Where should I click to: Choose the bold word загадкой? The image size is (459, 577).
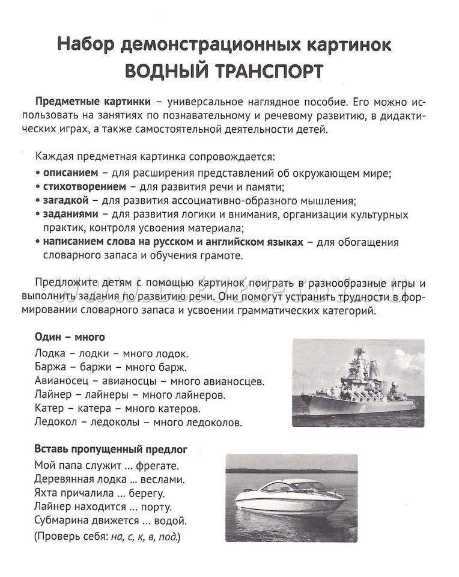(65, 200)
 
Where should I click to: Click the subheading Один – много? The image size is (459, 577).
(70, 337)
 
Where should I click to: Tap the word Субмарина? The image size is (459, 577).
(64, 520)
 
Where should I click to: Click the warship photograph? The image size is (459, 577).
(358, 383)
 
